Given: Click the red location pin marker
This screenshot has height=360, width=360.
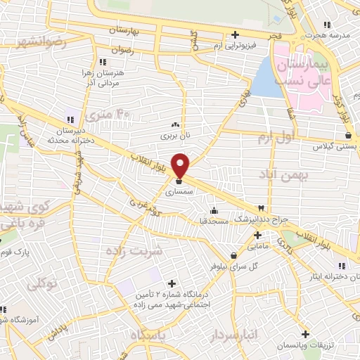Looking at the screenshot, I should pyautogui.click(x=181, y=165).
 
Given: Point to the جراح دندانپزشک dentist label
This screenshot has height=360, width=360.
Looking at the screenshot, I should pyautogui.click(x=262, y=219).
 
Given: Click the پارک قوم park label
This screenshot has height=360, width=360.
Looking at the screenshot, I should pyautogui.click(x=16, y=252).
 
